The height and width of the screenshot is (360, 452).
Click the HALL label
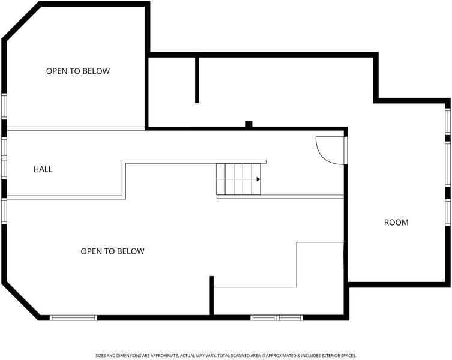[43, 169]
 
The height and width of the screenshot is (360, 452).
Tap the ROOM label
[396, 223]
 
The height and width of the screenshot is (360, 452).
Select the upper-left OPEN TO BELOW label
[78, 71]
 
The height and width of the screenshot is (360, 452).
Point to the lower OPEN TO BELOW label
[112, 251]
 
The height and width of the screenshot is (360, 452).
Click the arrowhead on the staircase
[259, 179]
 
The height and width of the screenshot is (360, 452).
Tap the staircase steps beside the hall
[238, 179]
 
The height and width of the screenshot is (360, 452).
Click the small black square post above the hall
[249, 124]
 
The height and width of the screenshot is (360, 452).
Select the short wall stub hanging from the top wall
[197, 80]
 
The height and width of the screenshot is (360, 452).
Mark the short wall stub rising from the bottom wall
[211, 296]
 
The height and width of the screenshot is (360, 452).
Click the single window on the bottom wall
[73, 317]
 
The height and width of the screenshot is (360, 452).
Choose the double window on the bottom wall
[277, 317]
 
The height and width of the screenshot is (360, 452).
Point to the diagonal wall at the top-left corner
[21, 22]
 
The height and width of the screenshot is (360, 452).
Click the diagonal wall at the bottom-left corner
[21, 301]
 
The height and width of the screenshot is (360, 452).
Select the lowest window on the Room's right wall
[448, 212]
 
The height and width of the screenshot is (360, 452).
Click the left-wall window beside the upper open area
[4, 106]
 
